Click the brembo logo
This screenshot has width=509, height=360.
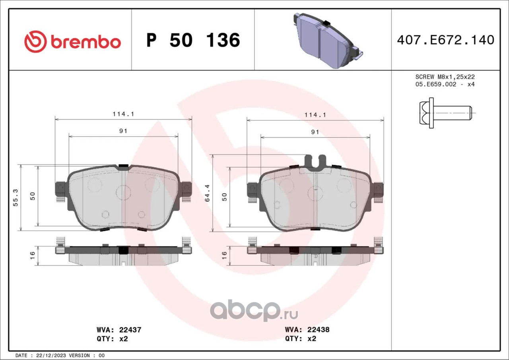[x=72, y=42]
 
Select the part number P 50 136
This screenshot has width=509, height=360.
[x=193, y=40]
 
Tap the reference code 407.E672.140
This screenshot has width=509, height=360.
[x=446, y=40]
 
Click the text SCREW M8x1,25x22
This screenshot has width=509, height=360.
[x=445, y=77]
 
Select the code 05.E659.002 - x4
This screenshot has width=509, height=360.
[x=445, y=85]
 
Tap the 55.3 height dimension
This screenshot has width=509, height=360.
[x=16, y=197]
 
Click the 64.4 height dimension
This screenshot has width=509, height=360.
[x=207, y=193]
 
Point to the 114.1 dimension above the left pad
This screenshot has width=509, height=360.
[x=124, y=114]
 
